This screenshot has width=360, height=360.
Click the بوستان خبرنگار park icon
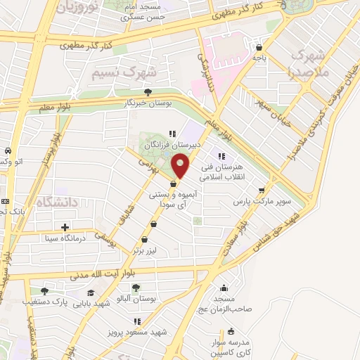(x=148, y=91)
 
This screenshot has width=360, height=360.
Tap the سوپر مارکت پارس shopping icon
(x=262, y=189)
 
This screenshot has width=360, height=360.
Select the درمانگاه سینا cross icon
(x=65, y=228)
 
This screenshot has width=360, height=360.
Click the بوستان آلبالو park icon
(x=135, y=287)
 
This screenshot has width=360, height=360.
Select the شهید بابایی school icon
(x=90, y=292)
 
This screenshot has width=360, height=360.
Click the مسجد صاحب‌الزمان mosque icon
(x=224, y=288)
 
